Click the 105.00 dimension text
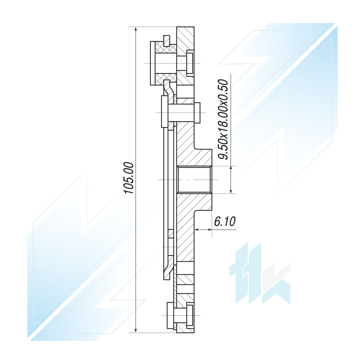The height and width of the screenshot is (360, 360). pos(129,178)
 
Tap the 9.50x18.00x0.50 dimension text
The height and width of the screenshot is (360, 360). pos(223,120)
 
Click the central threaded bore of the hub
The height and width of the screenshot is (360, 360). pos(194,180)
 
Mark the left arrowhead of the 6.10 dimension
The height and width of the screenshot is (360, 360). pos(197,229)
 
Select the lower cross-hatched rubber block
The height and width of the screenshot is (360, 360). pos(166,79)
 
